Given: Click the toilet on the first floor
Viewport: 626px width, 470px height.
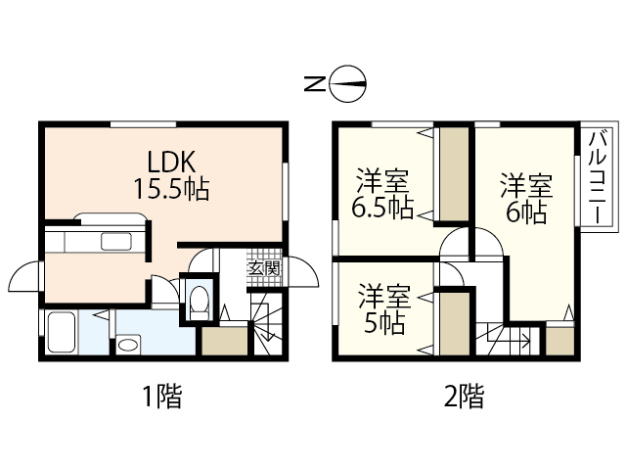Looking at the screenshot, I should [199, 301].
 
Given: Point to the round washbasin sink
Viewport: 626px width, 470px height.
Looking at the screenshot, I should [128, 345].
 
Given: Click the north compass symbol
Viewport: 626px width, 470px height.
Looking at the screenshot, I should [349, 85].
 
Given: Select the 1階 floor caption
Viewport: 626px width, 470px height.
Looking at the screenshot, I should [161, 397].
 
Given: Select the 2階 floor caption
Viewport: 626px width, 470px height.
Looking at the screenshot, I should [464, 397].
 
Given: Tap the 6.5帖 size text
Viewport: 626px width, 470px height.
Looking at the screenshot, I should [381, 207].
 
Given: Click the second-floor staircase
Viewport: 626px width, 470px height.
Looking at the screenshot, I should [504, 340].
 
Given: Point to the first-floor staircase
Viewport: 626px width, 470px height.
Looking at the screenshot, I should [264, 329].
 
